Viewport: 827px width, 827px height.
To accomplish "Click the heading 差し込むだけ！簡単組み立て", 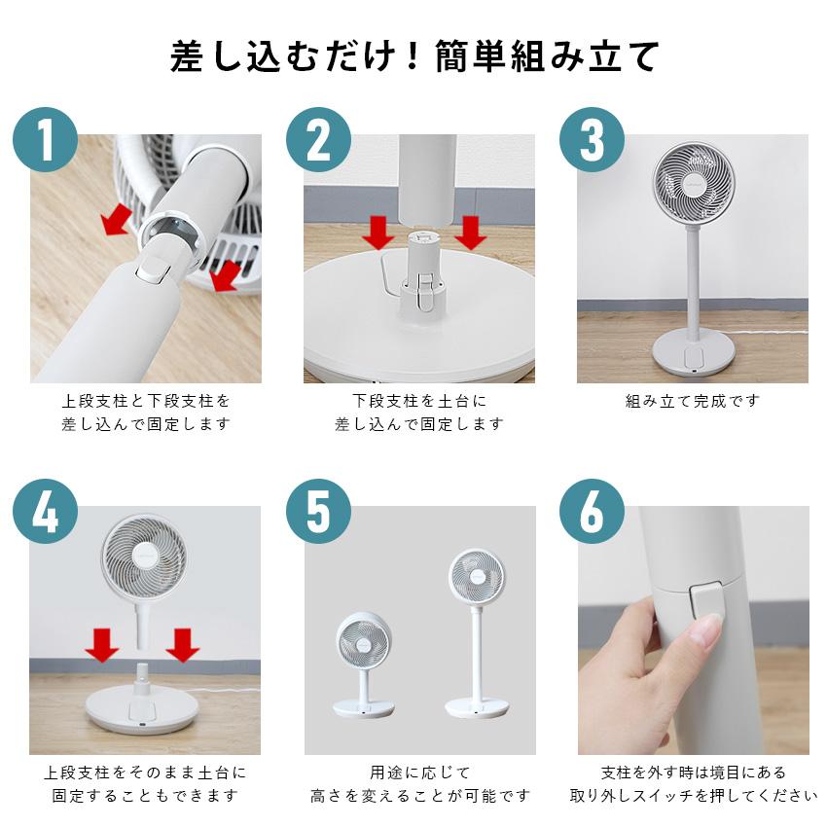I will (413, 55).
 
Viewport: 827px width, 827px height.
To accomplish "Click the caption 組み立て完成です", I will (692, 400).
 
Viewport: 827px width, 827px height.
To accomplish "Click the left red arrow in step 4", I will (101, 644).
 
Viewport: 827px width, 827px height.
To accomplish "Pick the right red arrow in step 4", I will (182, 644).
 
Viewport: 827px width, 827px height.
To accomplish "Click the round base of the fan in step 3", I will (692, 352).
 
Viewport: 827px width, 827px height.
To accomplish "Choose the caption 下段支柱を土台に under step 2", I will (418, 400).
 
